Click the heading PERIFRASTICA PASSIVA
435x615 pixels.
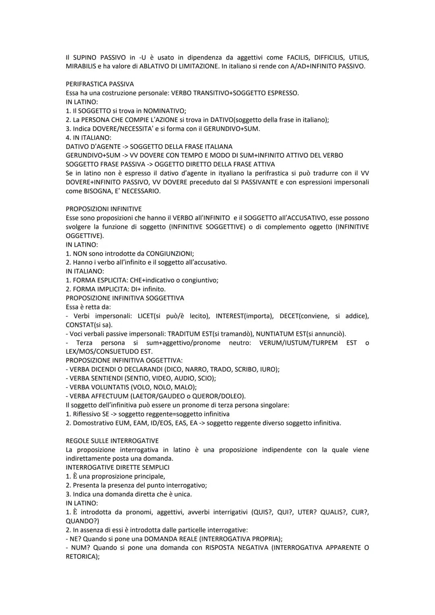pyautogui.click(x=99, y=84)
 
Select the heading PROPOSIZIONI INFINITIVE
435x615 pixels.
pyautogui.click(x=104, y=209)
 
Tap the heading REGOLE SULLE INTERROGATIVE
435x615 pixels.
pyautogui.click(x=112, y=441)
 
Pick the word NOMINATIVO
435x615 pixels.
pyautogui.click(x=164, y=111)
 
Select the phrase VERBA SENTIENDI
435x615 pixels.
pyautogui.click(x=96, y=378)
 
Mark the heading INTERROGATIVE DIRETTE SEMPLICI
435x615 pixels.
pyautogui.click(x=117, y=468)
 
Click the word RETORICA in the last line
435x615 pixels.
pyautogui.click(x=82, y=557)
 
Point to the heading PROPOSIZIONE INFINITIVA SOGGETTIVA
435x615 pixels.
pyautogui.click(x=124, y=298)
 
